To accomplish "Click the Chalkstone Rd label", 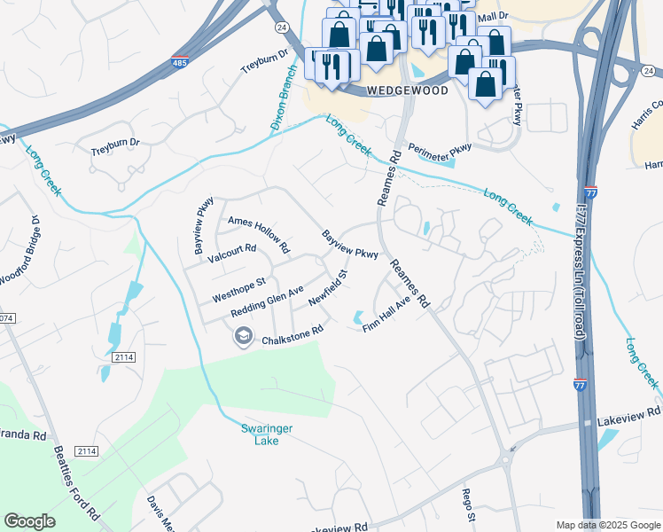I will [291, 335].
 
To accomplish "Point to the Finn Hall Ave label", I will [387, 315].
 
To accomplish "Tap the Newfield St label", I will [327, 289].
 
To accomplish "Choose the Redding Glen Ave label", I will [267, 302].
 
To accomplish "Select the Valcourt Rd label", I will [231, 254].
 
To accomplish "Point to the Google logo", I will [29, 521].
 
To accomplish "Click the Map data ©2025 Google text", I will [607, 525].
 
